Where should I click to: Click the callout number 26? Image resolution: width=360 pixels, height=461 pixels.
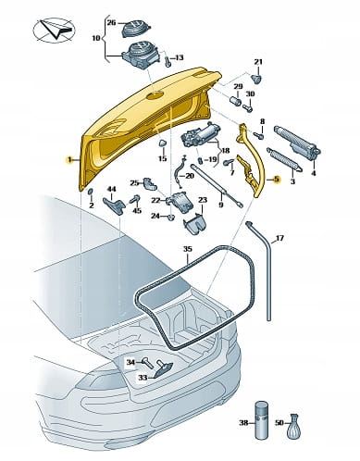[x=111, y=22]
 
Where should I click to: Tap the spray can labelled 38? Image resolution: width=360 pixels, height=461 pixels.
[x=262, y=419]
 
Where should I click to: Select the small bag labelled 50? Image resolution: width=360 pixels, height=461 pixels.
[x=293, y=427]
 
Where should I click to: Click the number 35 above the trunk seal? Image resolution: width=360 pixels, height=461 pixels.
[x=187, y=249]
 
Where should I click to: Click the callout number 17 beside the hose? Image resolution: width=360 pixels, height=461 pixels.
[x=279, y=238]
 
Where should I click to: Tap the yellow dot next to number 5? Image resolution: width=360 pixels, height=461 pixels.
[x=277, y=179]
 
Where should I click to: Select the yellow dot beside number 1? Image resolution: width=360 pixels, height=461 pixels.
[x=70, y=160]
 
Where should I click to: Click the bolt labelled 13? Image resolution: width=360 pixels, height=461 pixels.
[x=168, y=61]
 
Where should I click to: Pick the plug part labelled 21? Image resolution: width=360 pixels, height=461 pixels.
[x=257, y=78]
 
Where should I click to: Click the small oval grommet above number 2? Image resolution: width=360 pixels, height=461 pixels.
[x=91, y=193]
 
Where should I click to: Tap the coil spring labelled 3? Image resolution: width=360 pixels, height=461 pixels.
[x=284, y=160]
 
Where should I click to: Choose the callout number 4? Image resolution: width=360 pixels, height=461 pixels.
[x=313, y=173]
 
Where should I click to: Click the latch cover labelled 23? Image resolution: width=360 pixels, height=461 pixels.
[x=195, y=223]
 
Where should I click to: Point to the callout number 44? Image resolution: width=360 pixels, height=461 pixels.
[x=111, y=189]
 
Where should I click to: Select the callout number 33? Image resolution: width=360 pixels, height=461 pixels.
[x=143, y=378]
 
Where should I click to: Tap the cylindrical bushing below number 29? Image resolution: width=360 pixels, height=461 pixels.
[x=236, y=101]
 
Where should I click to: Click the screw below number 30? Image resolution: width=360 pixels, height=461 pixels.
[x=248, y=108]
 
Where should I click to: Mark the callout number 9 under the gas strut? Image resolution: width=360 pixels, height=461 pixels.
[x=221, y=204]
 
